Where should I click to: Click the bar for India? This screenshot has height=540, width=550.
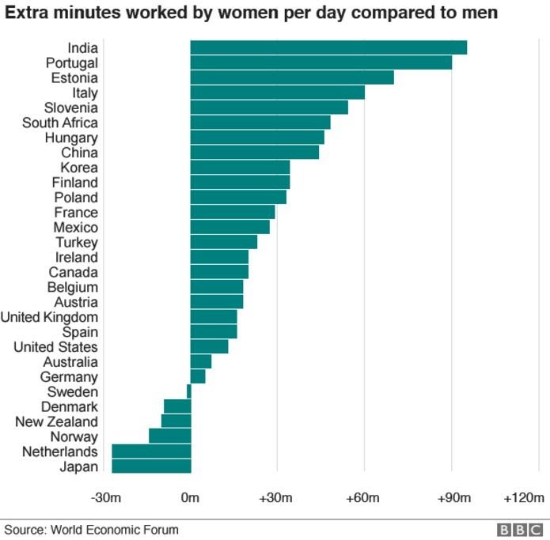click(x=328, y=47)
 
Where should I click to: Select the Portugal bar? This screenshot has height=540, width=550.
click(x=321, y=62)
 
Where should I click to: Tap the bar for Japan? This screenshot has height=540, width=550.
click(x=151, y=466)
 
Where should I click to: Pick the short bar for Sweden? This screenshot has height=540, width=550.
click(x=188, y=391)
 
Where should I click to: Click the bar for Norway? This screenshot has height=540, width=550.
click(x=169, y=436)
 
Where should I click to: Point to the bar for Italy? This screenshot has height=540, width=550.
click(x=277, y=93)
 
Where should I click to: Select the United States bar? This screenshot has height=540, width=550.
click(x=209, y=346)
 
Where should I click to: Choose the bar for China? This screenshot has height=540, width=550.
click(x=254, y=153)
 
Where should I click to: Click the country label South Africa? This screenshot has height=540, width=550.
click(x=60, y=123)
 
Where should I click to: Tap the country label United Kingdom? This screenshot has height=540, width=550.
click(x=50, y=317)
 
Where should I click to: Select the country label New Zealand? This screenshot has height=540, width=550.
click(x=57, y=421)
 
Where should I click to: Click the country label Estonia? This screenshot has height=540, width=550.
click(x=74, y=77)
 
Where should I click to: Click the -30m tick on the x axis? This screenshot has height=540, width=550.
click(x=106, y=498)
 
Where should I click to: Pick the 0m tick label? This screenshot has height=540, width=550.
click(x=190, y=498)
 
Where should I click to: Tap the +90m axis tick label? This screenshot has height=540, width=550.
click(x=453, y=498)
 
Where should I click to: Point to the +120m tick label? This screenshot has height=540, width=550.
click(x=523, y=498)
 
